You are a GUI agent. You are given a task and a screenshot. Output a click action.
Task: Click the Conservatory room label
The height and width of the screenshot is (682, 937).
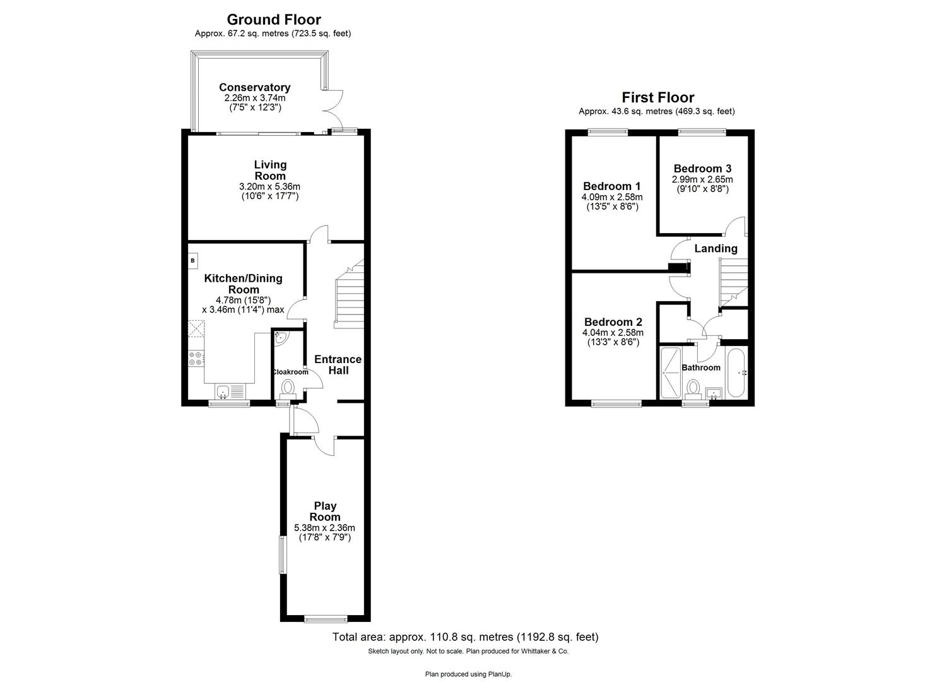tap(254, 88)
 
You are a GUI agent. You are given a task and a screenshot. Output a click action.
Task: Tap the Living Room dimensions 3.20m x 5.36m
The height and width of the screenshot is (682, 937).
tap(269, 187)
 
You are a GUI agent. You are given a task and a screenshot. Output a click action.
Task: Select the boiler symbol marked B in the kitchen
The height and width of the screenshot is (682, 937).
tap(193, 260)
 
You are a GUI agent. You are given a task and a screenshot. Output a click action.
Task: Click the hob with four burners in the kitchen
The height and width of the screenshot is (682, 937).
tap(196, 359)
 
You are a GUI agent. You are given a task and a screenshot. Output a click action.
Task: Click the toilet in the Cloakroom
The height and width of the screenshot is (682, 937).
tap(288, 388)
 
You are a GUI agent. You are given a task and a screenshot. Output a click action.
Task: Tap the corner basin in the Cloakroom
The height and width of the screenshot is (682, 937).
tap(280, 338)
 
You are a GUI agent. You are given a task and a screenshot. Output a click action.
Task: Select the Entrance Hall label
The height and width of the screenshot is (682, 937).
tap(338, 364)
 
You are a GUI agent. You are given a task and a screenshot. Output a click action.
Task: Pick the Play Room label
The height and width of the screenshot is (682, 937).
tap(325, 512)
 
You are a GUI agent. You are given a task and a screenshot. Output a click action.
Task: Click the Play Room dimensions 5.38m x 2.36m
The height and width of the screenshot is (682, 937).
tap(324, 528)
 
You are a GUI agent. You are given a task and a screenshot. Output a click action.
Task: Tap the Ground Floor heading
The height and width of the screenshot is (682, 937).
tap(273, 20)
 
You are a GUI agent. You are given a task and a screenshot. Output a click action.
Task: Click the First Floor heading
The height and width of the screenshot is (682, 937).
tap(657, 97)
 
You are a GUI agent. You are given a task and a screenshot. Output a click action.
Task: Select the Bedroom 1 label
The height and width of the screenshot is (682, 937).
tap(611, 186)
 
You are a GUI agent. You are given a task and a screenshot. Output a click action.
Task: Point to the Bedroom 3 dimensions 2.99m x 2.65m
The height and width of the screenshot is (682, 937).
tap(702, 179)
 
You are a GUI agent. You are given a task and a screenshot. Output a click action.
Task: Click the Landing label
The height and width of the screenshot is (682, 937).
tap(716, 249)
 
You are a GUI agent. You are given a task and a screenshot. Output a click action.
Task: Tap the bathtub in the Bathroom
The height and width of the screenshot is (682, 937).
tap(736, 373)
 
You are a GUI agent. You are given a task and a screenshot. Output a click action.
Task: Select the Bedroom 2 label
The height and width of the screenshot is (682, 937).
tap(613, 322)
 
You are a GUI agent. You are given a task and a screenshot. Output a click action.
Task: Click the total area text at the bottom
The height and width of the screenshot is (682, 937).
tap(465, 637)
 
